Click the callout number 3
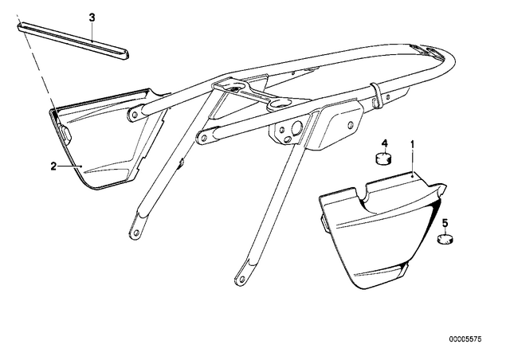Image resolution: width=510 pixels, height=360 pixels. point(92,18)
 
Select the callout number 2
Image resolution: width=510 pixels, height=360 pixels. point(53,166)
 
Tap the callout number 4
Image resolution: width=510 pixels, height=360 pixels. point(385,143)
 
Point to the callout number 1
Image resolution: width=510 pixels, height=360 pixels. point(413,143)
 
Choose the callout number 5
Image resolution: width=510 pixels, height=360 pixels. point(445,223)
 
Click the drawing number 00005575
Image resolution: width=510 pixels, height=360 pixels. point(465,339)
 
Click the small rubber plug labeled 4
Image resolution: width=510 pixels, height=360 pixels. point(384,158)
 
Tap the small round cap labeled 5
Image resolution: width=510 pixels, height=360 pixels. point(445,239)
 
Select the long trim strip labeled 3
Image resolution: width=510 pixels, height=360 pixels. point(73,41)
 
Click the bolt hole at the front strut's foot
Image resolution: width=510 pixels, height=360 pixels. point(136,233)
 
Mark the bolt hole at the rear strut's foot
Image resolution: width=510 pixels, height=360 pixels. point(241,279)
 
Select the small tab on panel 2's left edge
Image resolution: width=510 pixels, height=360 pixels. point(65,133)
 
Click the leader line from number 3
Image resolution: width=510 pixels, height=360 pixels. point(92,32)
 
